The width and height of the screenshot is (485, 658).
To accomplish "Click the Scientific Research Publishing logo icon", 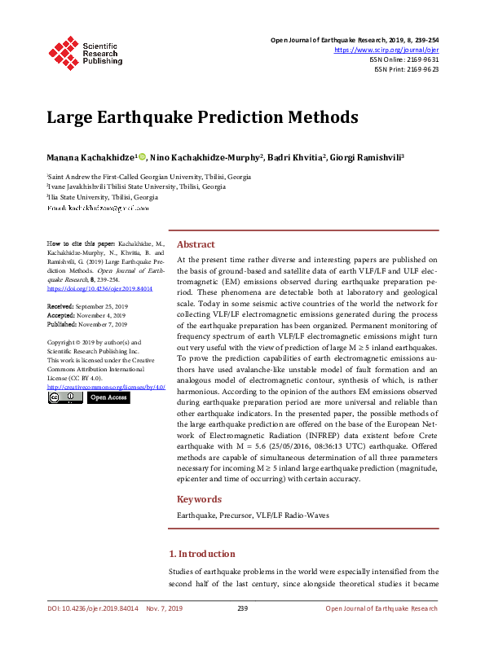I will click(62, 51).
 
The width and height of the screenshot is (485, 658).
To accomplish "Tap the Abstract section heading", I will click(196, 244).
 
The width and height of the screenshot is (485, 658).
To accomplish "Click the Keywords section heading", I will click(200, 499).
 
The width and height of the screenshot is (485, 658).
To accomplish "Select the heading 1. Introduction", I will click(206, 554).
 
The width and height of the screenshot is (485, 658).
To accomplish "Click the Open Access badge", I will click(108, 398).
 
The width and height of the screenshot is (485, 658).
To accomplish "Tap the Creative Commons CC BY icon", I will click(64, 398).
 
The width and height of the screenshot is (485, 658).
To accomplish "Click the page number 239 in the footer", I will click(242, 609).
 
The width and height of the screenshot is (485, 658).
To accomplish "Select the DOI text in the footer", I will click(92, 609).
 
